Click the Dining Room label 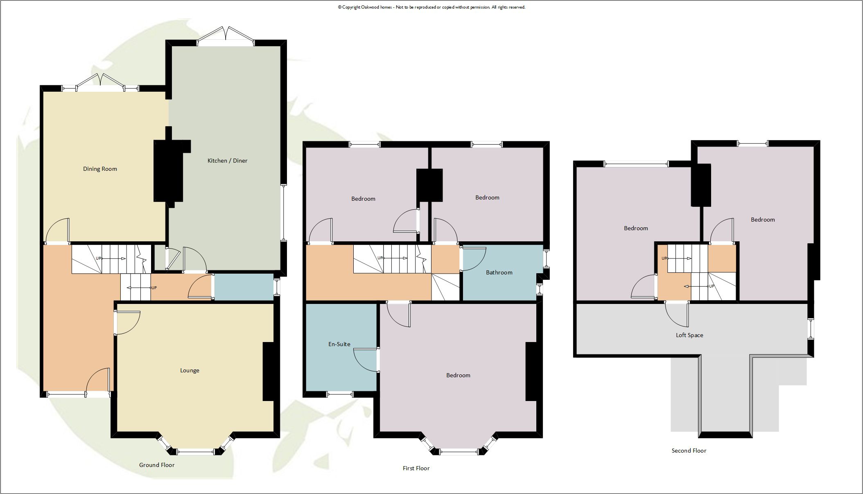pos(100,169)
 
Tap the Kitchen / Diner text pos(227,161)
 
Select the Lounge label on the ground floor pos(190,370)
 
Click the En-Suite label pos(339,344)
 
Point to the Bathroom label pos(499,272)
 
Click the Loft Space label pos(689,335)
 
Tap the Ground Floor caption pos(157,465)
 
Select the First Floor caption pos(416,468)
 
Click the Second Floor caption pos(689,451)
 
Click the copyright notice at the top pos(431,7)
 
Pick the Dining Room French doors pos(100,82)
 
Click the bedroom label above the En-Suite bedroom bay pos(458,375)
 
